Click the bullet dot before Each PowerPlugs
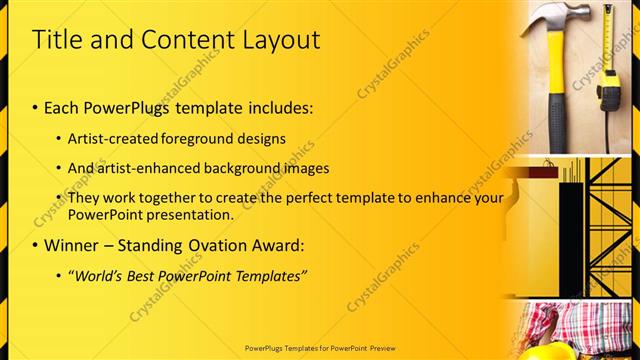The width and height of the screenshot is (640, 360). [37, 106]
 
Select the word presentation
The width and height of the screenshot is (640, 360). [191, 214]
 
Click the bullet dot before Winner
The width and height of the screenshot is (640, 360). [37, 244]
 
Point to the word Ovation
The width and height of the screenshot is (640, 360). [212, 244]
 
